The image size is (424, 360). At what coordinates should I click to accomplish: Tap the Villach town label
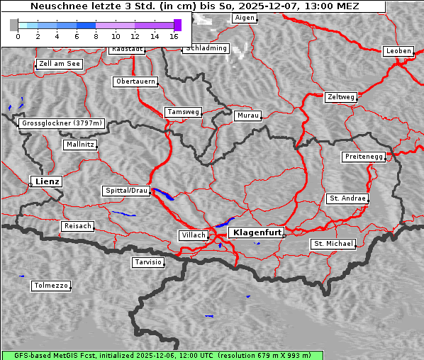point(193,235)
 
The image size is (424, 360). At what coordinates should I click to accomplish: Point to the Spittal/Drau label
point(126,191)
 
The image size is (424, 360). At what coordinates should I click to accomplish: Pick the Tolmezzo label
point(51,286)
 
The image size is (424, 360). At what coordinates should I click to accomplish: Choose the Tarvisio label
point(148,262)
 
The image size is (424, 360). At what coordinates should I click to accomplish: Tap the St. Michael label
point(333,244)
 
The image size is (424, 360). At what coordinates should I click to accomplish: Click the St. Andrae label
point(347,198)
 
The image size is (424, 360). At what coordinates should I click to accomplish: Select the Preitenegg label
point(364,157)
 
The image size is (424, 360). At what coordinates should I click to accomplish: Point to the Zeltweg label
point(340,96)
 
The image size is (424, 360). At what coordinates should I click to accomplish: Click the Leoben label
point(398,51)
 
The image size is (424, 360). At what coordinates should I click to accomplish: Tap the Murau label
point(248,115)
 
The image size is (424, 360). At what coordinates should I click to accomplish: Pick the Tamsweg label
point(184,112)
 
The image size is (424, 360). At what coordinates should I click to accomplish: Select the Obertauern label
point(135,81)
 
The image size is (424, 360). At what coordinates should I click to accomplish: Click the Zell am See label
point(60,64)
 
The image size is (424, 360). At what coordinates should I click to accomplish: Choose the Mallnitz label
point(79,145)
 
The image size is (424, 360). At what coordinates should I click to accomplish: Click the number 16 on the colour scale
point(174,35)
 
